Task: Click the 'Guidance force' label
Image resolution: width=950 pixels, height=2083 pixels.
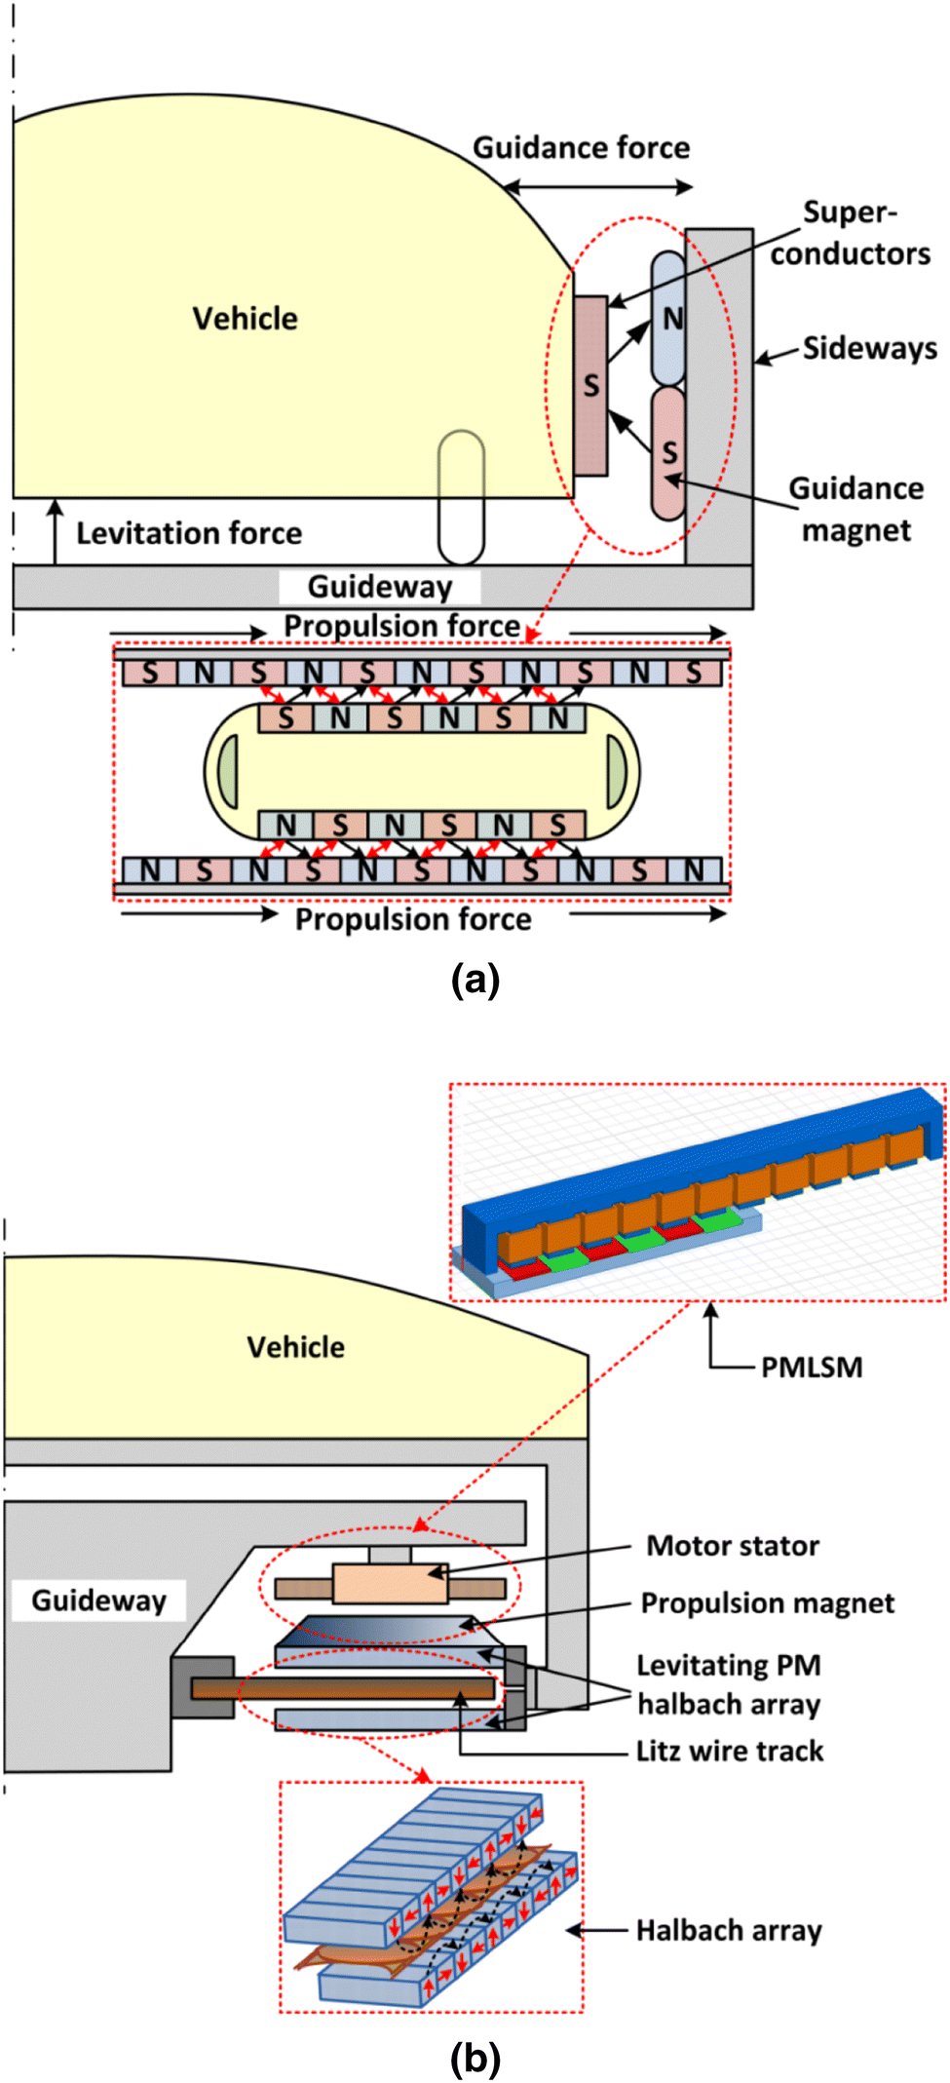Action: pos(581,148)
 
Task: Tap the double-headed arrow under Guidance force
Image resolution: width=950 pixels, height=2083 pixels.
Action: pos(598,186)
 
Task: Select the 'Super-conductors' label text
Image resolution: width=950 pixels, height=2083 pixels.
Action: pos(850,233)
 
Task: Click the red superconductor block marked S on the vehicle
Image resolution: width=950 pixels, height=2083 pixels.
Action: pos(590,386)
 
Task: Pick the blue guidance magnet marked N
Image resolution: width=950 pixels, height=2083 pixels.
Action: pos(669,318)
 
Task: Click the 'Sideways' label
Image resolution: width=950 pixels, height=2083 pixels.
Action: pos(869,348)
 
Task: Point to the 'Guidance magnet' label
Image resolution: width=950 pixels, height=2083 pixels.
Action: pos(855,509)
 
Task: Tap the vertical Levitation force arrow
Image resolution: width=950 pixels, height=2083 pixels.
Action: pos(56,531)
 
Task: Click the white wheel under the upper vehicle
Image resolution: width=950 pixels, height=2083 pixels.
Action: pos(461,497)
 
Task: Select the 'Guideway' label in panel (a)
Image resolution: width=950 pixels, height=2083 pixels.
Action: pos(380,587)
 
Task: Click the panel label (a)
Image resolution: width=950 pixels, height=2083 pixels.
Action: pos(475,979)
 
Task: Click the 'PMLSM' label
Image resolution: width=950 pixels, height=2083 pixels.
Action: pos(812,1367)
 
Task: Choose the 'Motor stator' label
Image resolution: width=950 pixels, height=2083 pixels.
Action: pos(733,1546)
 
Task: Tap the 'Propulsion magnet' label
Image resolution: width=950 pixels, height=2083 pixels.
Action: pos(767,1603)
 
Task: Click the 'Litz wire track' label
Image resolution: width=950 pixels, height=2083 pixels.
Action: pos(730,1751)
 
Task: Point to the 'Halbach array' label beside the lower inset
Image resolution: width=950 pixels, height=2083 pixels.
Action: pos(729,1930)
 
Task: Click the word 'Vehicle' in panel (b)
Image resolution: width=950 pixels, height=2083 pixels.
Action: pos(295,1347)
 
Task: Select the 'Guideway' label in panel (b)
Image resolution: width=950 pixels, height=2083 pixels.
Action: pos(98,1601)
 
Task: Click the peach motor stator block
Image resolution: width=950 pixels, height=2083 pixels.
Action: pos(390,1584)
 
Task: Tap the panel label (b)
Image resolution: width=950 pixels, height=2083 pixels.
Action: pos(475,2058)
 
